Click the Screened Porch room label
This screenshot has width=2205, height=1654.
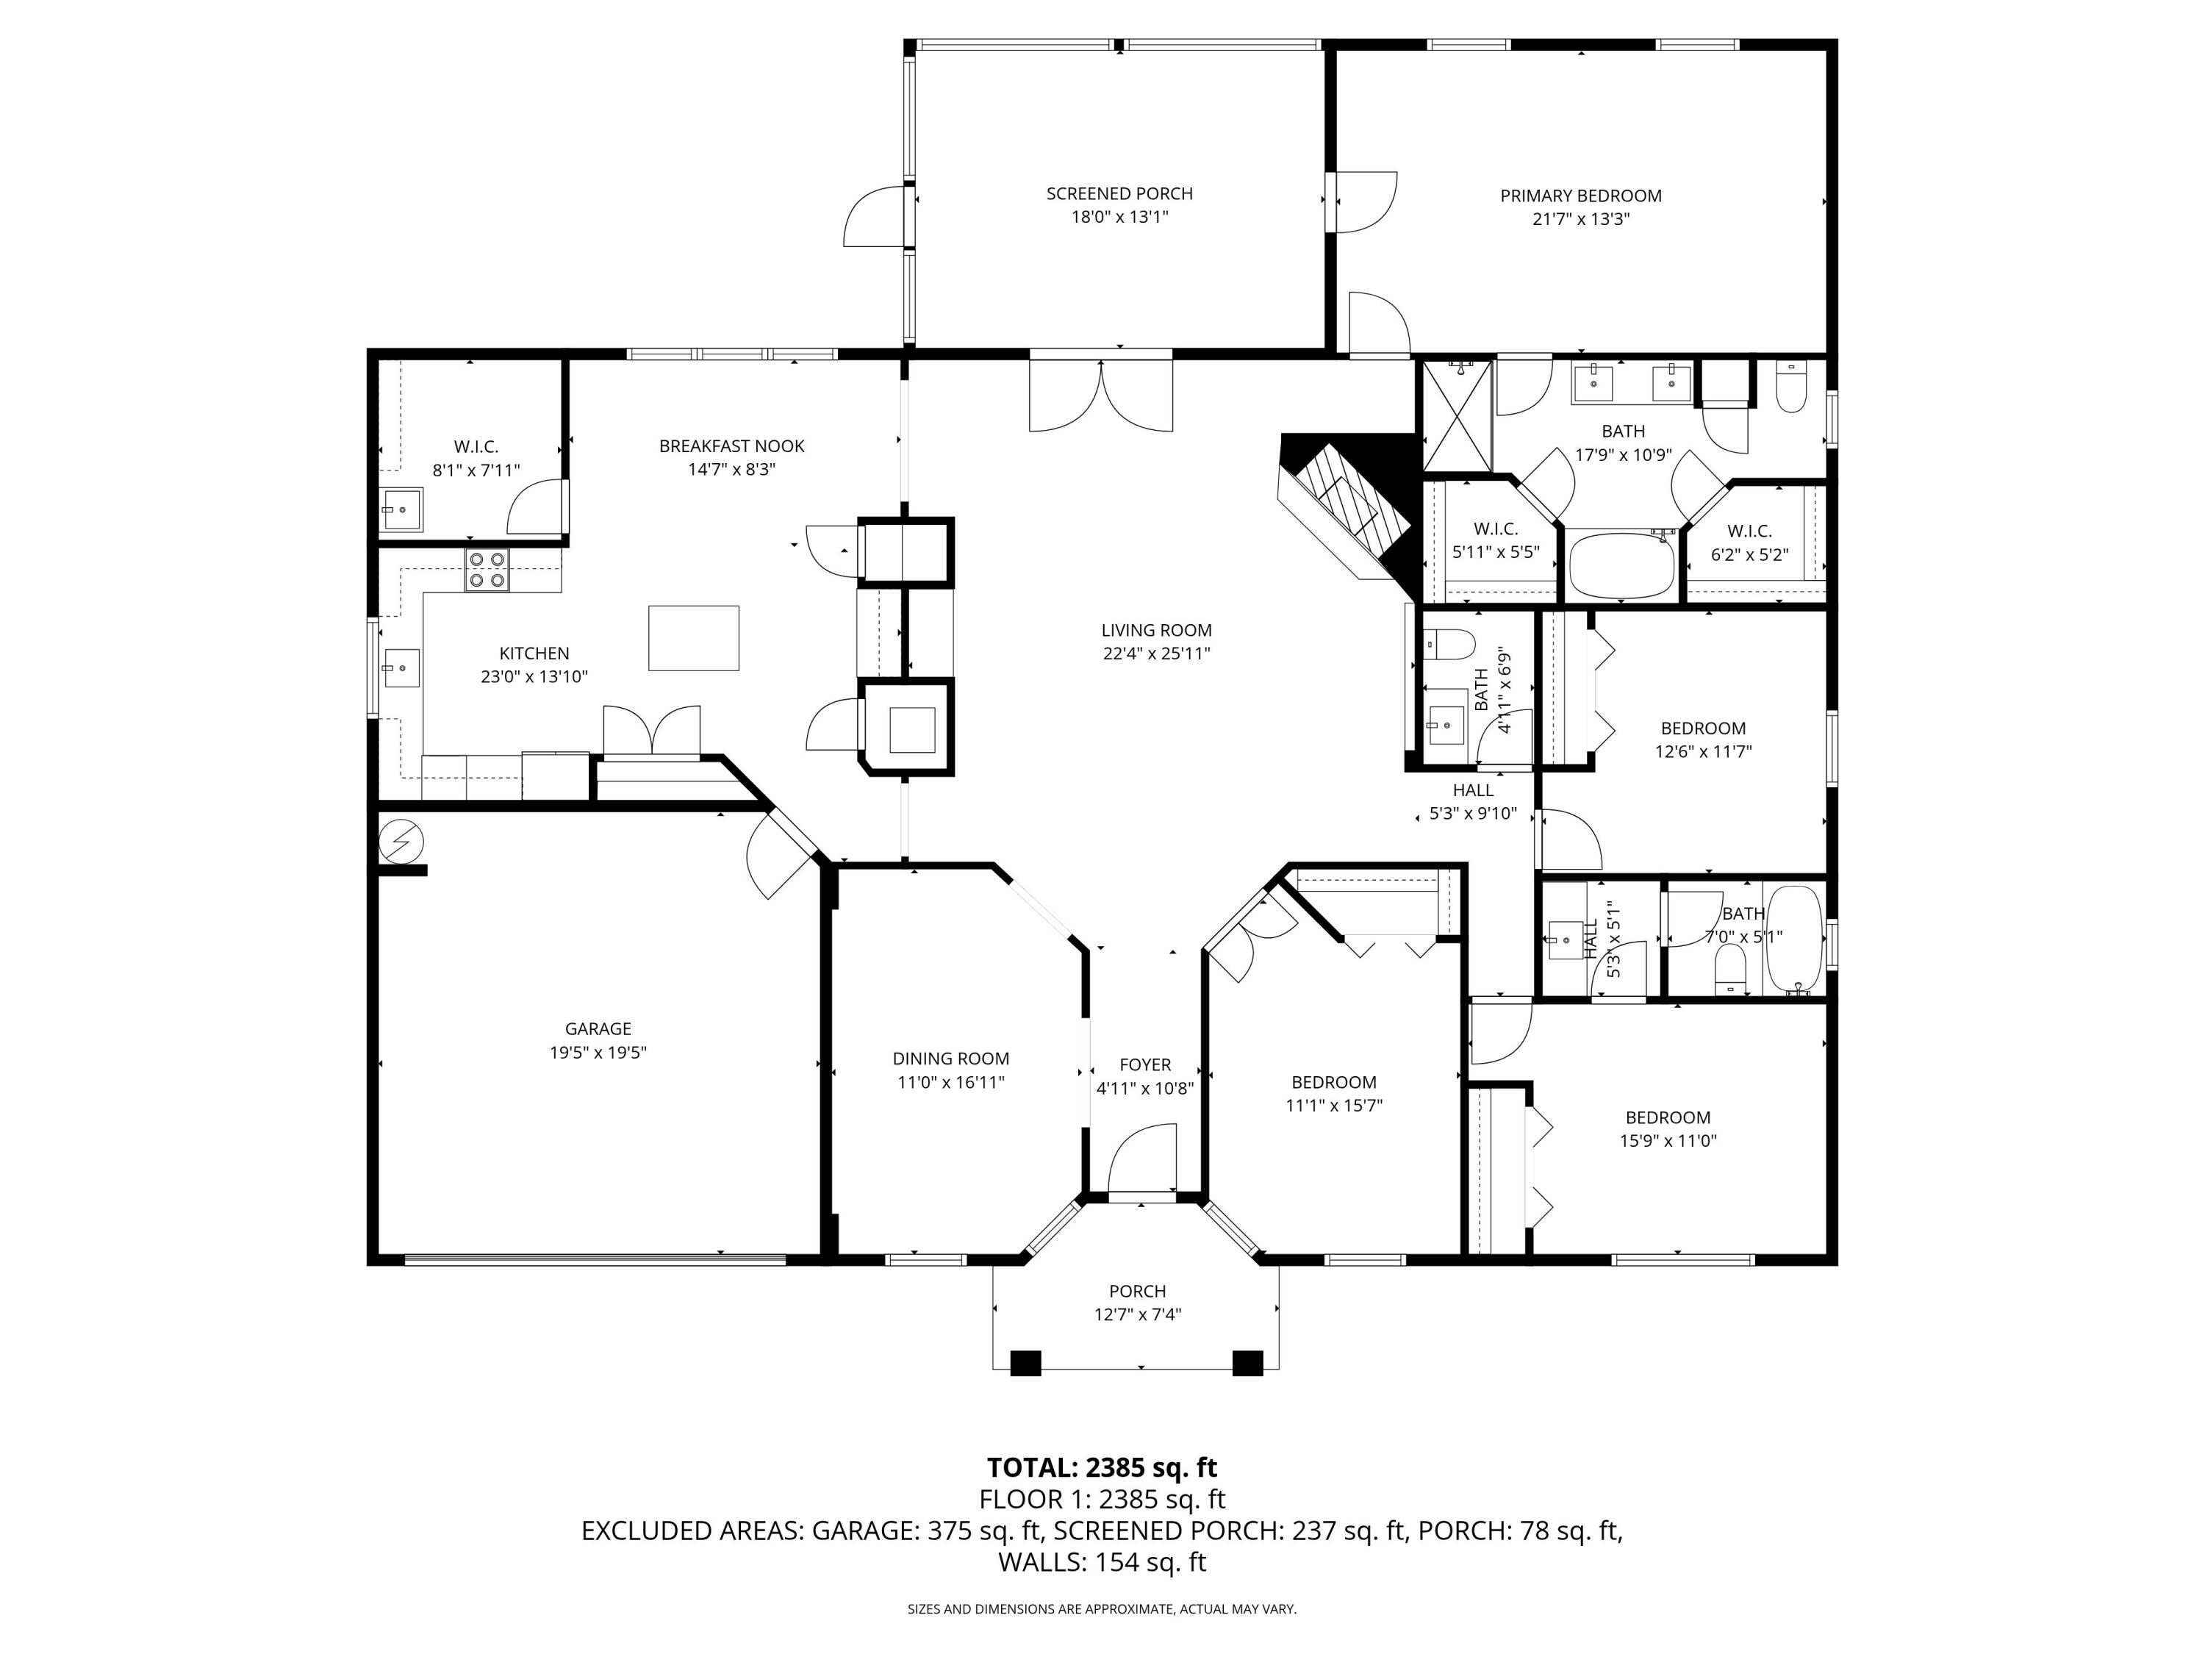click(x=1119, y=193)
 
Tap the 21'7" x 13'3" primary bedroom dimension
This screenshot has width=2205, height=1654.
click(x=1580, y=219)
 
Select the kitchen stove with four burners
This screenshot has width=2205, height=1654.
click(x=487, y=570)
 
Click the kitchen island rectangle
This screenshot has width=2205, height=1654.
click(x=694, y=637)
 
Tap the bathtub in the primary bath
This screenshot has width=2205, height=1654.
click(x=1622, y=565)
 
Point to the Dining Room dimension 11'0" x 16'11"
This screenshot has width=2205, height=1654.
click(x=950, y=1082)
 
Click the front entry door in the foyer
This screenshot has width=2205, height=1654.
click(x=1142, y=1161)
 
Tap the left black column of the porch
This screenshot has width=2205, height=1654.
click(x=1025, y=1363)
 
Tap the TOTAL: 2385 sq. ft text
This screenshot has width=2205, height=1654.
click(x=1102, y=1467)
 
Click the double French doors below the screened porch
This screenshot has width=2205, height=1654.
click(x=1100, y=395)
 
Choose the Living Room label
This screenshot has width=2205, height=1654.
click(x=1155, y=630)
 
